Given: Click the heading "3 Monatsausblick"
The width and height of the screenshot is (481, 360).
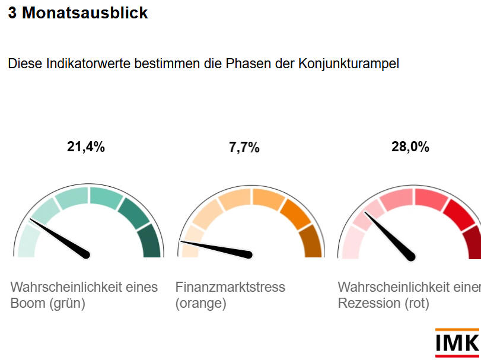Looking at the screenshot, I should click(x=78, y=13).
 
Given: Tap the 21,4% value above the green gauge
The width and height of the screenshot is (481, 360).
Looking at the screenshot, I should click(x=86, y=148).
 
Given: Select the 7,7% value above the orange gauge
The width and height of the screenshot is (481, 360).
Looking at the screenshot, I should click(x=244, y=148).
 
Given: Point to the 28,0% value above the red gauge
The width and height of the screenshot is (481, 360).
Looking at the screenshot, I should click(x=410, y=148).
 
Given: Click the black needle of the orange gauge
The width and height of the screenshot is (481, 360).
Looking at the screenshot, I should click(x=219, y=249).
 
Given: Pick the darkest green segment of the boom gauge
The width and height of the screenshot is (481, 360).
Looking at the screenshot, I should click(x=151, y=244).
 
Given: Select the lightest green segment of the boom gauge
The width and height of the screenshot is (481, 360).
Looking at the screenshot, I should click(x=26, y=244).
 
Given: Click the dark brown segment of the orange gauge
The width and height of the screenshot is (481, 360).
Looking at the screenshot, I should click(x=313, y=244).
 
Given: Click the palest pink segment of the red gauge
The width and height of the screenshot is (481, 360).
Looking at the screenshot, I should click(x=351, y=244).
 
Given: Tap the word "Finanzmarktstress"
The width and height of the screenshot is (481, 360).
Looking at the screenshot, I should click(x=230, y=288).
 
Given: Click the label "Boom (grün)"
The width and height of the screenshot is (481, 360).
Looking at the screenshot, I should click(x=48, y=304).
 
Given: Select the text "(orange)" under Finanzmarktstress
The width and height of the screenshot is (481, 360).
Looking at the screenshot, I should click(x=200, y=304).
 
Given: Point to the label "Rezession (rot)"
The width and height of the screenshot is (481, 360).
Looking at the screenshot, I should click(x=383, y=304).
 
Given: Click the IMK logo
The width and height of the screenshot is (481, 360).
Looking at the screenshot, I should click(x=457, y=343).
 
